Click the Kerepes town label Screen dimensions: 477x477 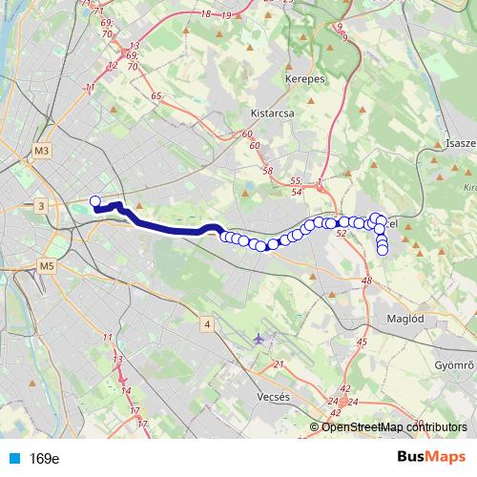(304, 79)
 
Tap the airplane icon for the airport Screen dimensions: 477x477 (260, 339)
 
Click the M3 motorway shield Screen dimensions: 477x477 (41, 152)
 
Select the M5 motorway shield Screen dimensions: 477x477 (49, 265)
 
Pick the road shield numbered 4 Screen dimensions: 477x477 (206, 325)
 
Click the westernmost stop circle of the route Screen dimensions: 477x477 (94, 200)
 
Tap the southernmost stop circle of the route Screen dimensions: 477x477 (383, 251)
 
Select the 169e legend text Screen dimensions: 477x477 (44, 459)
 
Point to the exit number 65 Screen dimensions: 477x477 (156, 98)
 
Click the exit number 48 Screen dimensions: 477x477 (367, 280)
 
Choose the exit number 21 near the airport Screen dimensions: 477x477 (279, 364)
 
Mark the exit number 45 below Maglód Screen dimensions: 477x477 (361, 342)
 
